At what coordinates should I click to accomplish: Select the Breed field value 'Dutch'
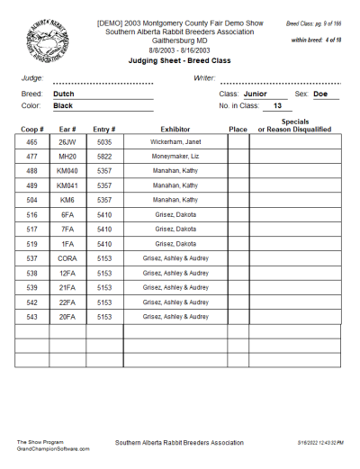63,94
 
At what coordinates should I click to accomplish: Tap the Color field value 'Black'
63,105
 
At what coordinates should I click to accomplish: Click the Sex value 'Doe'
320,94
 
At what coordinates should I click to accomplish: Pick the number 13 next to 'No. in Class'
277,105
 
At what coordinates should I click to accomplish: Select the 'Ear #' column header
67,130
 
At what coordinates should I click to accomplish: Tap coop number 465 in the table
31,142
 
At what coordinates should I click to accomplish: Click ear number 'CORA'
67,257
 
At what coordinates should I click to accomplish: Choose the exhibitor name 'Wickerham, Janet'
175,142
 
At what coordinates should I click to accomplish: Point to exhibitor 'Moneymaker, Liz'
175,157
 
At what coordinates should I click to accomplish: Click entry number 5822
104,157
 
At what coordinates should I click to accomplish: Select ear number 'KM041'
67,185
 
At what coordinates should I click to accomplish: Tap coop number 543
31,317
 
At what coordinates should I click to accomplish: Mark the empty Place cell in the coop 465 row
238,142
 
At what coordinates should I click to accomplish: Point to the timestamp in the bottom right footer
319,443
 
